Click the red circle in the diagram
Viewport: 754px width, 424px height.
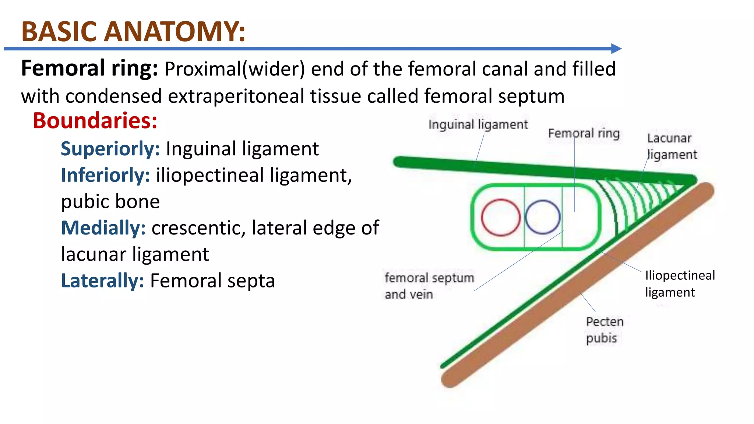click(x=501, y=217)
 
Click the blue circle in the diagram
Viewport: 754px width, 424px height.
click(x=543, y=217)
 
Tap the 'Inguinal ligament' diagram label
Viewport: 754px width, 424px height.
click(x=478, y=124)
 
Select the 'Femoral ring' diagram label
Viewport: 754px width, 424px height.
click(x=584, y=133)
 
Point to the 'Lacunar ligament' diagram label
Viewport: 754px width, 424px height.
click(x=672, y=146)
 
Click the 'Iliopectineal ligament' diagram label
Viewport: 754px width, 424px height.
click(x=680, y=283)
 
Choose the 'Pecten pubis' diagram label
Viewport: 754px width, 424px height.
click(x=605, y=330)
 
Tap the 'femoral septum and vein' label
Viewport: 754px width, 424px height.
click(x=429, y=286)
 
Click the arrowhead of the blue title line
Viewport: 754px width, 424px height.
click(x=616, y=48)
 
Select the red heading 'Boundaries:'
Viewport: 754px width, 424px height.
click(x=95, y=120)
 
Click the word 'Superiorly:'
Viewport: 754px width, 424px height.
click(x=110, y=149)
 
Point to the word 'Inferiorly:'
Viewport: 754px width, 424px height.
click(x=105, y=175)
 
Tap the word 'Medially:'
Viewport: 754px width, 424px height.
click(x=103, y=227)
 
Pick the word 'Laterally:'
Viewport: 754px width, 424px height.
click(x=102, y=280)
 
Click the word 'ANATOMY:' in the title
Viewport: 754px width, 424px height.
click(x=175, y=32)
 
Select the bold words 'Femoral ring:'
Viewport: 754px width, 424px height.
click(x=89, y=68)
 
